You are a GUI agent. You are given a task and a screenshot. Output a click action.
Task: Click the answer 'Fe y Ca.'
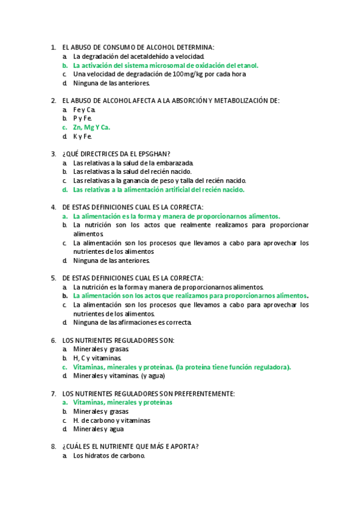click(x=84, y=109)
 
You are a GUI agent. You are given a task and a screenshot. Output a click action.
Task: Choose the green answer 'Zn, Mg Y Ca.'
click(x=91, y=127)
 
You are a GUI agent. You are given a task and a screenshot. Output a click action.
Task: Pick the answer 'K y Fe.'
click(x=83, y=137)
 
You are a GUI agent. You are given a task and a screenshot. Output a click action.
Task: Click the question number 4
click(x=53, y=207)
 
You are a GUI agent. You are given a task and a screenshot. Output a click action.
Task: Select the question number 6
click(x=53, y=340)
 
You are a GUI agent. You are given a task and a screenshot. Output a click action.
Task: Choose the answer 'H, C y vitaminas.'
click(x=97, y=358)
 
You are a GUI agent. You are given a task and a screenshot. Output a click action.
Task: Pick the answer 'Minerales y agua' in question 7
click(x=99, y=429)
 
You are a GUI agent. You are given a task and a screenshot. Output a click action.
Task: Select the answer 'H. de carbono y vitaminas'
click(x=111, y=420)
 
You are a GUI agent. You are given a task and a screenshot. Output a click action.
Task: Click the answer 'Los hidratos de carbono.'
click(x=109, y=455)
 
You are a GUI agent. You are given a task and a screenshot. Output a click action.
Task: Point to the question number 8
click(x=53, y=446)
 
